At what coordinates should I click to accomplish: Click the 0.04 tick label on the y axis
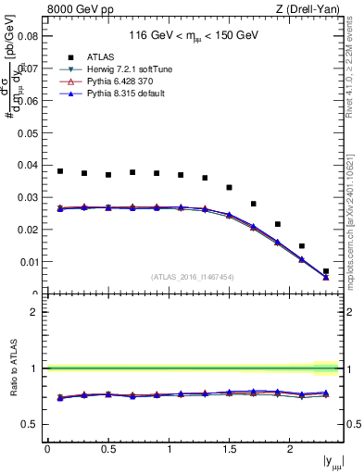[28, 166]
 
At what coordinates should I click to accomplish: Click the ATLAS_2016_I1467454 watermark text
[193, 277]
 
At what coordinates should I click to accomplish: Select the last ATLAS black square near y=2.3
[326, 271]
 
